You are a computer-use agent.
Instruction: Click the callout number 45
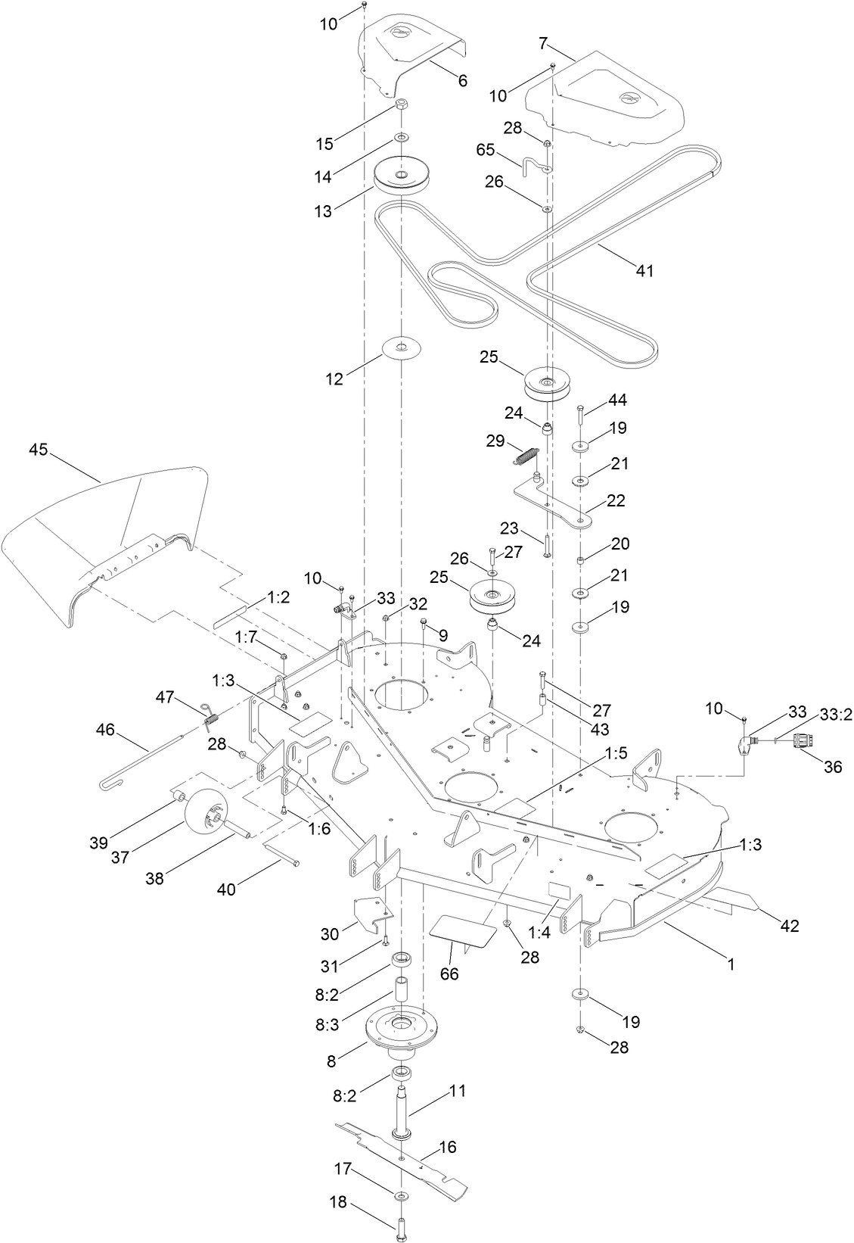[x=38, y=450]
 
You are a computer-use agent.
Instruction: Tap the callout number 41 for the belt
[x=644, y=270]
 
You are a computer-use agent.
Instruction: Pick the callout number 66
[x=449, y=974]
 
